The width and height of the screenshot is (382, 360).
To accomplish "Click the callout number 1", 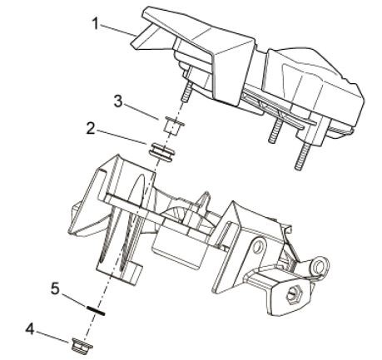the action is (95, 23).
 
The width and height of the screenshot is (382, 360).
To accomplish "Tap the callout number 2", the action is (91, 129).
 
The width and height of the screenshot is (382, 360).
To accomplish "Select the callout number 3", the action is (118, 101).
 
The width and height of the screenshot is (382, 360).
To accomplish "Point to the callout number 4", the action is (30, 329).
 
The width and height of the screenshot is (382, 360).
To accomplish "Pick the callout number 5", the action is (55, 289).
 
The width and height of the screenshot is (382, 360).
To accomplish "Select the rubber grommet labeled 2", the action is (162, 151).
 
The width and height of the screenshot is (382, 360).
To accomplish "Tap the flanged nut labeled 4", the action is (82, 344).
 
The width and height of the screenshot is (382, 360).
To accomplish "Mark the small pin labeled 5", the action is (96, 310).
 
